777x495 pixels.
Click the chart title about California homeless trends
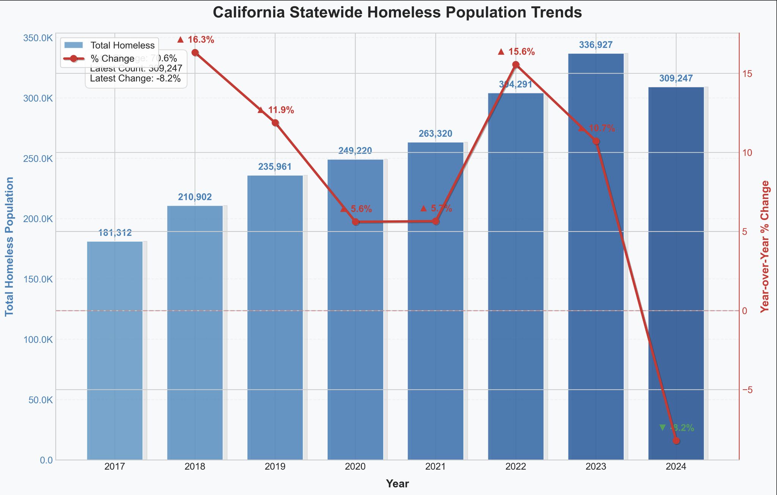(397, 13)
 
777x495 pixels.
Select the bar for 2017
(115, 351)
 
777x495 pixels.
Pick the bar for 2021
(436, 301)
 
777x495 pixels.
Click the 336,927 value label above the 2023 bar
(596, 45)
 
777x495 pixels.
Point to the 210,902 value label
(195, 197)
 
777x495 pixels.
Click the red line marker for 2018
(195, 53)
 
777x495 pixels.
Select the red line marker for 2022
(516, 65)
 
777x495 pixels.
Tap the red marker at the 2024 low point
(676, 440)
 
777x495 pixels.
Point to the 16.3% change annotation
(196, 40)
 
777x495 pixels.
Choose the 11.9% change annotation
(276, 110)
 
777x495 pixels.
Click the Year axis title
(397, 484)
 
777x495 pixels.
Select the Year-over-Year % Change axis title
(765, 246)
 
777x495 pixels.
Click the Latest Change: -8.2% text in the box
(135, 79)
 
